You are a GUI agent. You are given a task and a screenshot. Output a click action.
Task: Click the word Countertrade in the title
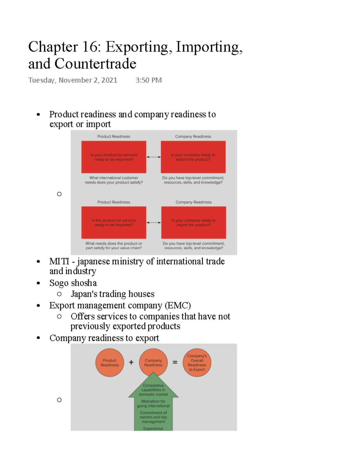95,64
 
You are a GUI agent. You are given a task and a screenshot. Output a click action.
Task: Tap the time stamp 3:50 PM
148,80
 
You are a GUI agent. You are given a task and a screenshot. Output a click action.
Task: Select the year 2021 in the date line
109,80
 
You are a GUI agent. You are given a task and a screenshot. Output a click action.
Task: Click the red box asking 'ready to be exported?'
114,157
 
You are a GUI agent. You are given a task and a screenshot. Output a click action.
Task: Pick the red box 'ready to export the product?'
193,157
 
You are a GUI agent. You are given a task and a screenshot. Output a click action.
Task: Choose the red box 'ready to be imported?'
114,222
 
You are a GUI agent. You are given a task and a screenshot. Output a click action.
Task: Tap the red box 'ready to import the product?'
193,222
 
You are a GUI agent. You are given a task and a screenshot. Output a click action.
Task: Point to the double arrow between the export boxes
154,157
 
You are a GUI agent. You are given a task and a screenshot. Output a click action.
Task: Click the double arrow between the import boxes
154,222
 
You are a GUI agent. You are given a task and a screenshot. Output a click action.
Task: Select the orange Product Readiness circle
109,362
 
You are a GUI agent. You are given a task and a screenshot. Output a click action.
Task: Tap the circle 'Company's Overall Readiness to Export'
197,362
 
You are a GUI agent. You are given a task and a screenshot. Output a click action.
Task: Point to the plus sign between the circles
131,362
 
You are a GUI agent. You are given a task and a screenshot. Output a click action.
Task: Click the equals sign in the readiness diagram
175,362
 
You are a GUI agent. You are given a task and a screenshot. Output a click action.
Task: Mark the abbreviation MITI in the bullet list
59,261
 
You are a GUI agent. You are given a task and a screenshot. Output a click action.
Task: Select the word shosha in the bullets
84,283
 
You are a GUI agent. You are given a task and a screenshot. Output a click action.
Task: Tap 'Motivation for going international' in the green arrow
153,404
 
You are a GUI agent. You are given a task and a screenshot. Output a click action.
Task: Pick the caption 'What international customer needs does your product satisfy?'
114,180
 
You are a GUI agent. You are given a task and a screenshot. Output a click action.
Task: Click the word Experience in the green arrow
153,428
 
